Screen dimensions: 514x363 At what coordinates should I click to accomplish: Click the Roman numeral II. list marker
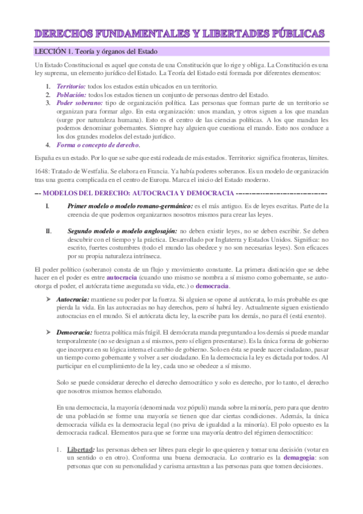tap(49, 232)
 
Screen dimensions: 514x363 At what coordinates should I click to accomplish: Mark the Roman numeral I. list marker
tap(48, 207)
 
